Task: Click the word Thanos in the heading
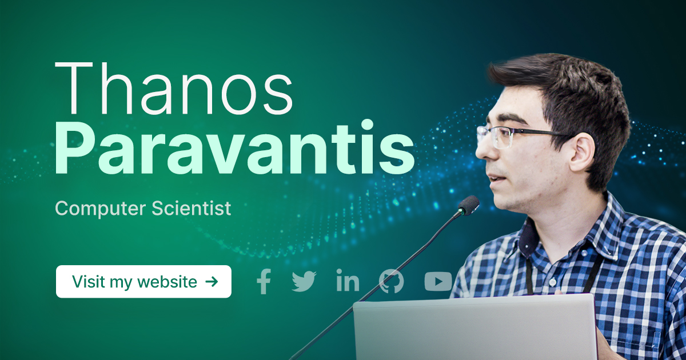click(174, 89)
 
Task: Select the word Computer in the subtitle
click(101, 209)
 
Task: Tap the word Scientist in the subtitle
click(192, 208)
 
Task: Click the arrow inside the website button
click(212, 281)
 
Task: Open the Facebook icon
click(264, 281)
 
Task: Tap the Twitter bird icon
click(304, 281)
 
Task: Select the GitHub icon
click(392, 281)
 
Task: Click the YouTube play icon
click(438, 281)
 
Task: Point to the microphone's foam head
click(469, 205)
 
